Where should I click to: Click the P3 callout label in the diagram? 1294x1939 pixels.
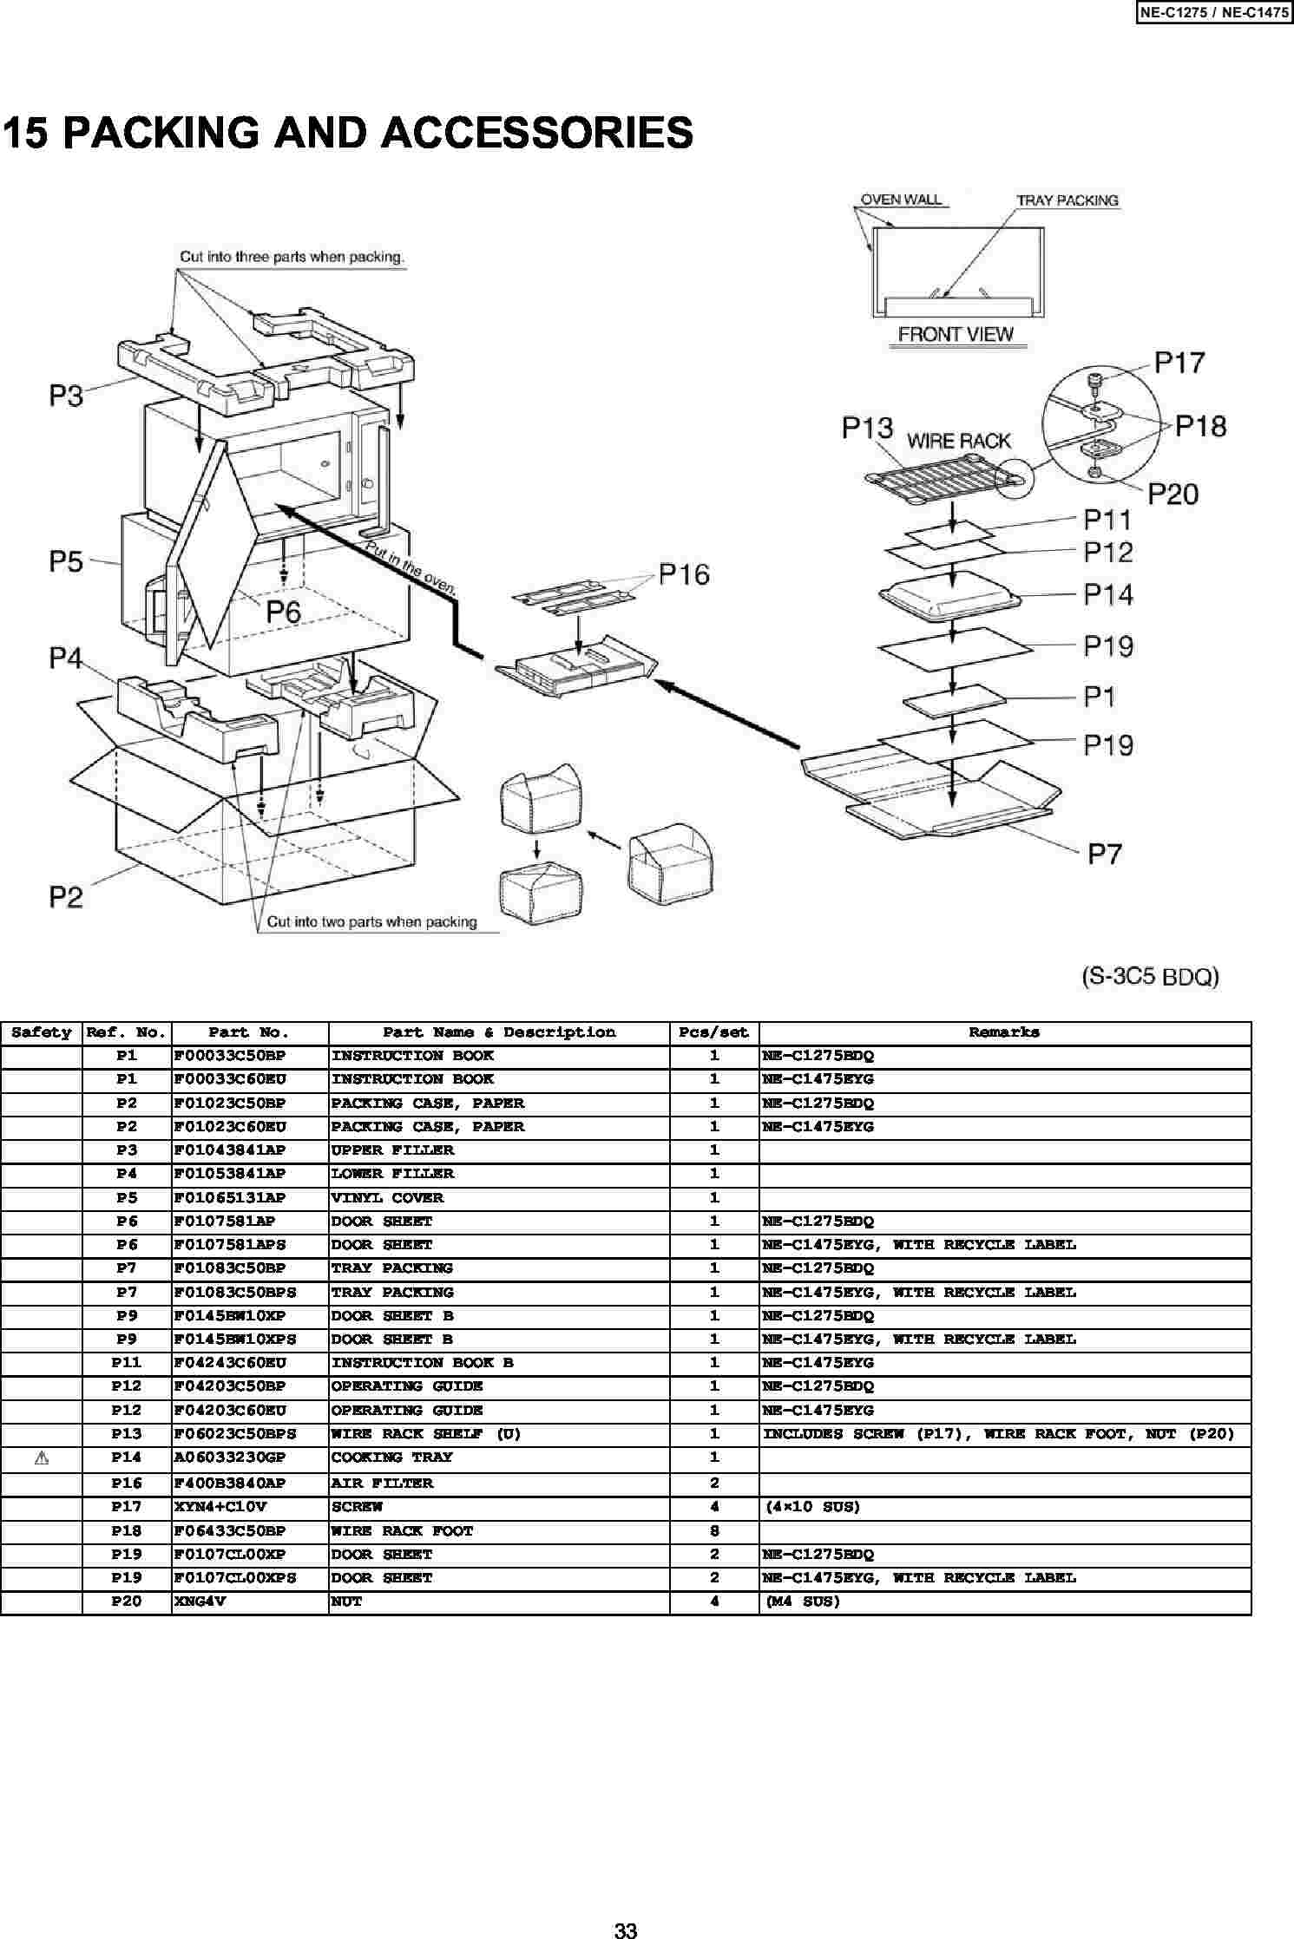tap(66, 396)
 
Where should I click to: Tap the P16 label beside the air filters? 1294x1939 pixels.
tap(684, 574)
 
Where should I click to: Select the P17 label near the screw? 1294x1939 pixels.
tap(1179, 362)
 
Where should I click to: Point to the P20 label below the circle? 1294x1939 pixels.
tap(1172, 495)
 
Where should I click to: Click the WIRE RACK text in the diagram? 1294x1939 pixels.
tap(959, 441)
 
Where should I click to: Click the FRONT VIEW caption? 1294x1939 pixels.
tap(956, 334)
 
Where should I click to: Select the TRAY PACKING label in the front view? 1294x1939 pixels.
tap(1067, 200)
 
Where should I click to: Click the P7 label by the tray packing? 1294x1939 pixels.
tap(1105, 855)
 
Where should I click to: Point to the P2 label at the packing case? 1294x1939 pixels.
tap(66, 896)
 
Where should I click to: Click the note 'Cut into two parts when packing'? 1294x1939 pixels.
tap(372, 922)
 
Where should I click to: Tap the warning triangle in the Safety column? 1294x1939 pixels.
tap(41, 1458)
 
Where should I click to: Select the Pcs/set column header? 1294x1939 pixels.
tap(713, 1032)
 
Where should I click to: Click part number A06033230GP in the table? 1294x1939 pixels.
tap(229, 1458)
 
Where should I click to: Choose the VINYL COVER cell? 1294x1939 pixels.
tap(387, 1198)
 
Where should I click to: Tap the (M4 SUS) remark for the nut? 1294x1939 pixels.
tap(803, 1602)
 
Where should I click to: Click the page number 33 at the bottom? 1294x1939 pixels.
tap(626, 1930)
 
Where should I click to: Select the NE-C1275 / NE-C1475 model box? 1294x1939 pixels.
tap(1213, 13)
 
